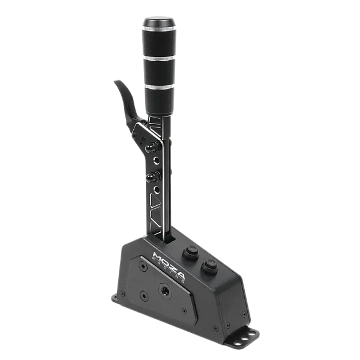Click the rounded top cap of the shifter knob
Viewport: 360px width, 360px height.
159,22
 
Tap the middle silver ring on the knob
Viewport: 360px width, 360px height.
160,58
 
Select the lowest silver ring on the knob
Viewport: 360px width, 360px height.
160,86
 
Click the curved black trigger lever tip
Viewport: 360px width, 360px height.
118,82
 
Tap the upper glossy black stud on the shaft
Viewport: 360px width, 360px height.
152,147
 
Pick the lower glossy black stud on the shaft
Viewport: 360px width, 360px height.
152,177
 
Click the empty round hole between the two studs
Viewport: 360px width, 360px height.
157,160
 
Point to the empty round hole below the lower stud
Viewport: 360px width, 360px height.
157,190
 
